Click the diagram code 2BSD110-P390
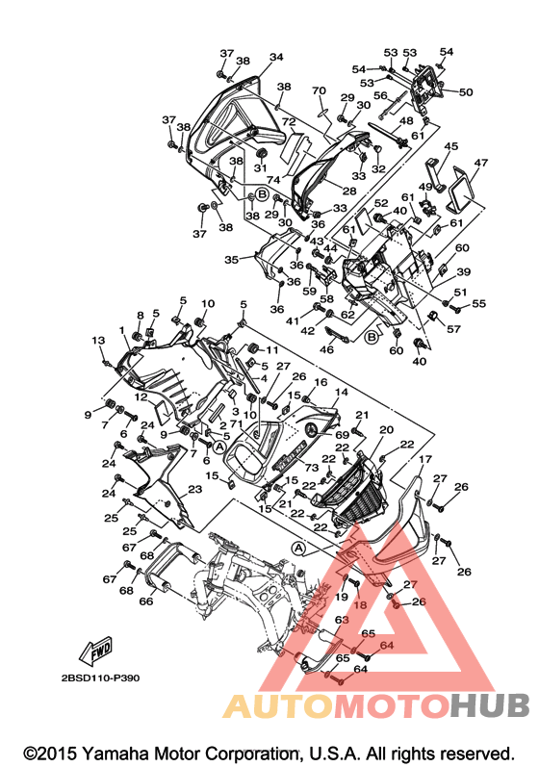tap(100, 678)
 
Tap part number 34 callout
tap(276, 57)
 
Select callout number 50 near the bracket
tap(466, 92)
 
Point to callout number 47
tap(481, 162)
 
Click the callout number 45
tap(451, 146)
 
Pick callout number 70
tap(319, 91)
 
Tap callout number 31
tap(260, 167)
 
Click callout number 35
tap(232, 259)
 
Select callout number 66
tap(146, 601)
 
